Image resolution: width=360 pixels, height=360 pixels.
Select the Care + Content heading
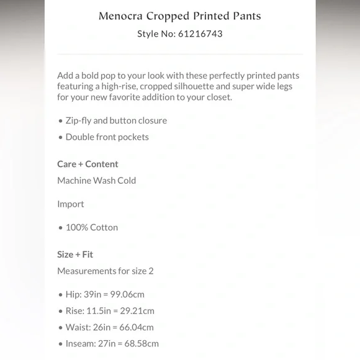(x=88, y=164)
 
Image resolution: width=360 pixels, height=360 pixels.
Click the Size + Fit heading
(x=75, y=254)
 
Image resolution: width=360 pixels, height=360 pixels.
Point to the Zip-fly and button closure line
(x=116, y=120)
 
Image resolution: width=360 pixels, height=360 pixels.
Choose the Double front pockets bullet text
(x=107, y=137)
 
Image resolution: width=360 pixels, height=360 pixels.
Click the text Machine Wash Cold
(x=96, y=181)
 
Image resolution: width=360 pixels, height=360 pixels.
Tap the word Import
(x=71, y=204)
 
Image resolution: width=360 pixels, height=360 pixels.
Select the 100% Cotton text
(x=92, y=227)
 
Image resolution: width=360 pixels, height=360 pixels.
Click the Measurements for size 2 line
(x=105, y=271)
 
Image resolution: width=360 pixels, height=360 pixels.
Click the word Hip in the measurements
(x=73, y=294)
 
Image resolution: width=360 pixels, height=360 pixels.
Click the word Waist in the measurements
(x=78, y=327)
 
